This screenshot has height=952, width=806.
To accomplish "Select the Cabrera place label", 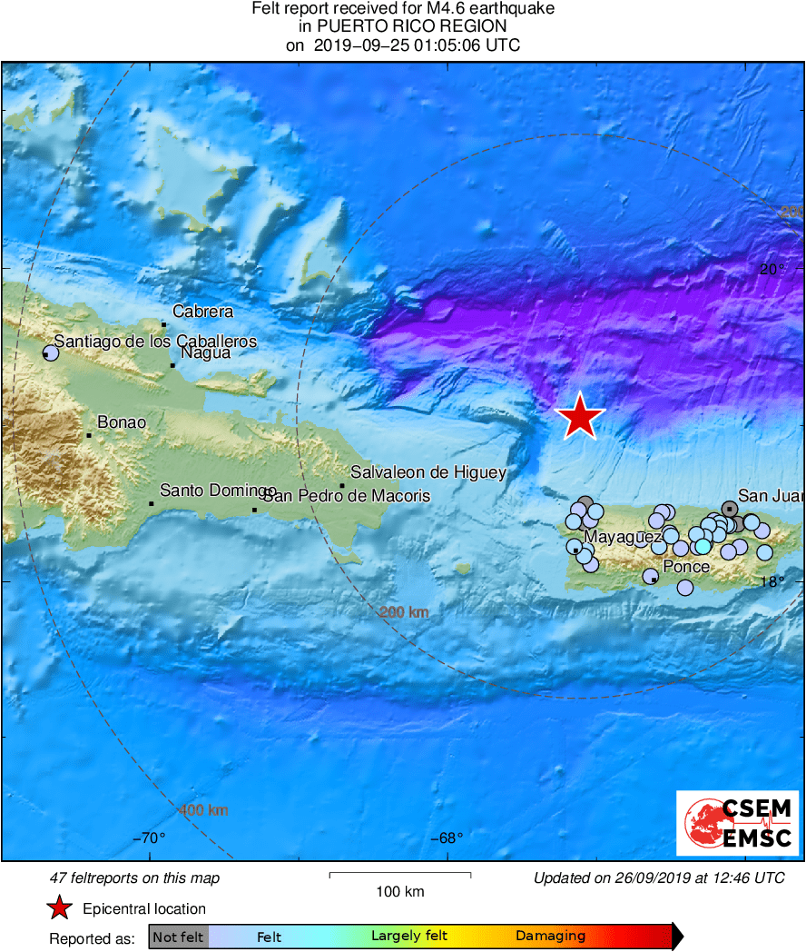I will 202,312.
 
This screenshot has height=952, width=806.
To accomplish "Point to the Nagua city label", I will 205,352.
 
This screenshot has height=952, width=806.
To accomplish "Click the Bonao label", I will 121,422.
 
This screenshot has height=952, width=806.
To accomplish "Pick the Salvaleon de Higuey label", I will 428,472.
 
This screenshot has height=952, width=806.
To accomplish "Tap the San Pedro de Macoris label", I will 346,496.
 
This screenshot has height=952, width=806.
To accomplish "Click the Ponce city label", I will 686,567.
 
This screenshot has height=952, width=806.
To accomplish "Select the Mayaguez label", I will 623,537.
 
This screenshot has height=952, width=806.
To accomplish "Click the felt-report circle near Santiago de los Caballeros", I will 51,353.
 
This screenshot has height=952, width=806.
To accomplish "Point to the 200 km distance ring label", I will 404,613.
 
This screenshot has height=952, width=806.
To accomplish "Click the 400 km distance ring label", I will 203,810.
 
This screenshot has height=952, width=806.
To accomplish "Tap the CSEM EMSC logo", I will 738,823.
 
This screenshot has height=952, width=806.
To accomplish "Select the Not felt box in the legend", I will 178,937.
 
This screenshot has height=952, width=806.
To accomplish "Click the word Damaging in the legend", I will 550,937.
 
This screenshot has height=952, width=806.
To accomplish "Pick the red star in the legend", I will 60,908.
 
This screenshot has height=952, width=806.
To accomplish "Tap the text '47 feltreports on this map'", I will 134,878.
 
